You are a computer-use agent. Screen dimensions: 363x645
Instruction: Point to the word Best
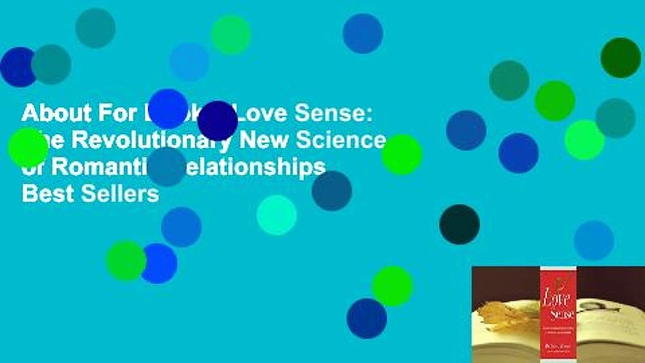click(x=43, y=194)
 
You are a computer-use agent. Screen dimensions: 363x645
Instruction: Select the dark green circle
click(x=620, y=57)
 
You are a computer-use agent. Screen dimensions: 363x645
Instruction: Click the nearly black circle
click(x=459, y=224)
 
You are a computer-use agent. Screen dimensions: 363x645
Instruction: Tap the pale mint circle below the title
click(x=276, y=215)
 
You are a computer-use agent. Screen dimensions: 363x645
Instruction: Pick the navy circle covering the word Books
click(x=217, y=120)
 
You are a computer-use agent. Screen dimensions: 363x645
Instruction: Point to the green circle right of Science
click(x=401, y=154)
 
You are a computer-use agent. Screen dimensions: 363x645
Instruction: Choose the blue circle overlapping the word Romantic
click(x=166, y=166)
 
